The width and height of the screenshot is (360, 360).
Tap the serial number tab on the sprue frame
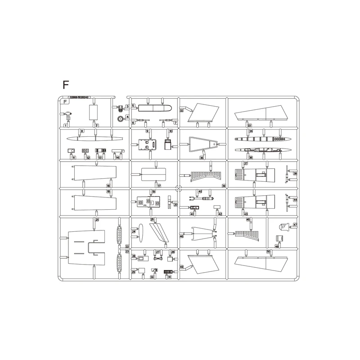point(79,97)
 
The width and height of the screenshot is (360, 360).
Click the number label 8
point(81,131)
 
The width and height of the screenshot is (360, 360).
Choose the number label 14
point(117,157)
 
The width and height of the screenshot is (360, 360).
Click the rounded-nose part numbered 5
point(153,108)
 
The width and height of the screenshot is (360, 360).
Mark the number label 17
point(159,185)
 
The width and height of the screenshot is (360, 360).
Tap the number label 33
point(249,126)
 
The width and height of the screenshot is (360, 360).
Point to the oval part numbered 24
point(140,232)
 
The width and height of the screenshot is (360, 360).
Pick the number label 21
point(97,220)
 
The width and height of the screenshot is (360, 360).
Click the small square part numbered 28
point(171,259)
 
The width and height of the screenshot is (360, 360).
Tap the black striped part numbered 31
point(167,272)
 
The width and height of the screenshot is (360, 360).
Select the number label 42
point(220,214)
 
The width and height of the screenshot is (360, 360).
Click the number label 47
point(295,225)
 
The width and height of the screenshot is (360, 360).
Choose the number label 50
point(269,252)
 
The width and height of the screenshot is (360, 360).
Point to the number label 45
point(248,220)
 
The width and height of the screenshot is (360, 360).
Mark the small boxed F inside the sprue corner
point(66,102)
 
